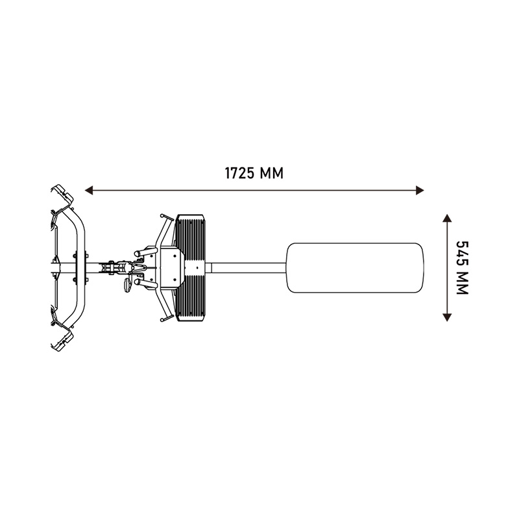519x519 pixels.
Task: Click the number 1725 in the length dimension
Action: pyautogui.click(x=240, y=173)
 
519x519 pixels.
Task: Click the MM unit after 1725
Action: pyautogui.click(x=272, y=173)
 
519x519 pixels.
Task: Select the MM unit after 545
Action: pyautogui.click(x=463, y=284)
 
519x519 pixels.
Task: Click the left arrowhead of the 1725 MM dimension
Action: pyautogui.click(x=89, y=190)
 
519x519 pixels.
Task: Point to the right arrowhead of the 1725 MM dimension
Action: pyautogui.click(x=420, y=190)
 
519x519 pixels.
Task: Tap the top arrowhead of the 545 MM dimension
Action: pyautogui.click(x=447, y=218)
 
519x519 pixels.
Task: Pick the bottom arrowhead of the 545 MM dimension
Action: pyautogui.click(x=447, y=317)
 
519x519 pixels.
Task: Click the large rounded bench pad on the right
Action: pyautogui.click(x=355, y=268)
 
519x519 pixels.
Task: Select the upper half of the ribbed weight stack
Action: pyautogui.click(x=190, y=237)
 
